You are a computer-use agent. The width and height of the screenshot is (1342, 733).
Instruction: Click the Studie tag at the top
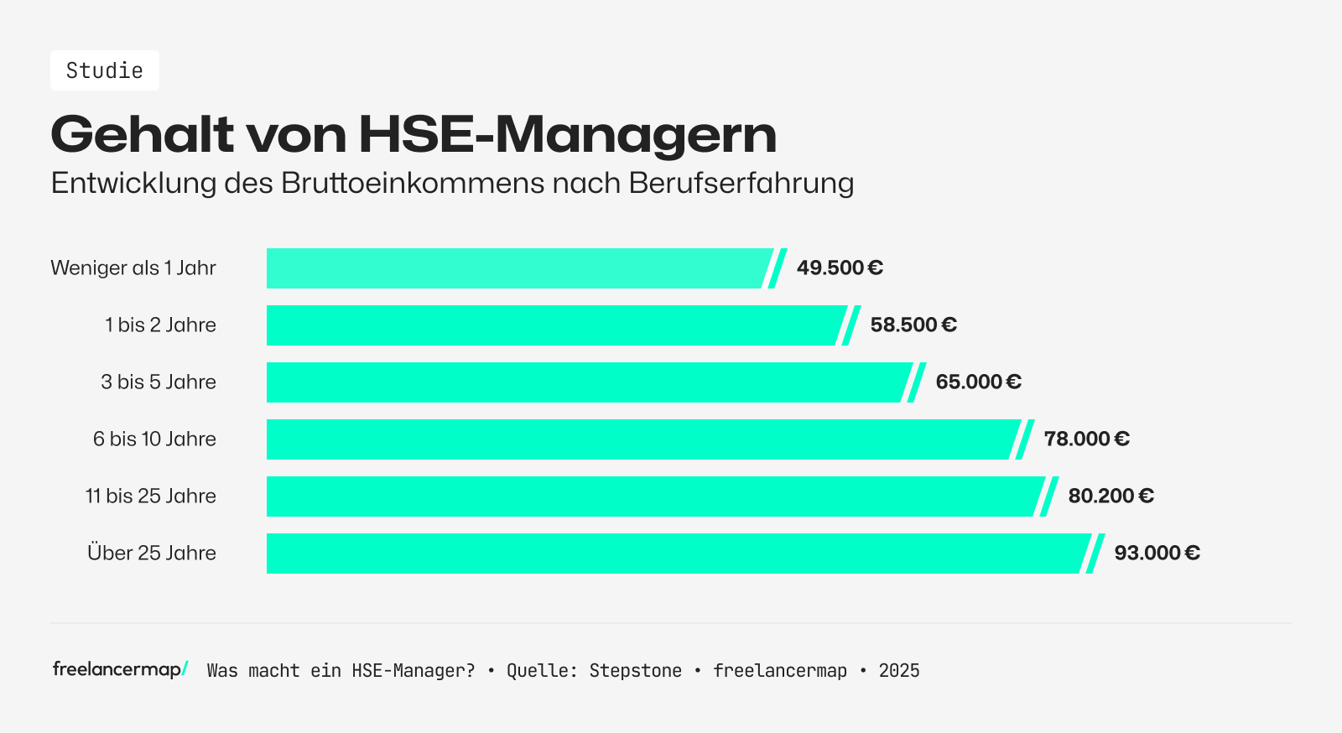(105, 70)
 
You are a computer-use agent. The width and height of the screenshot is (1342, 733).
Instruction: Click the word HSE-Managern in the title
(567, 134)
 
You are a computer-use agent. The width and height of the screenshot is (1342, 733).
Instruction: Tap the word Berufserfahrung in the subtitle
(741, 183)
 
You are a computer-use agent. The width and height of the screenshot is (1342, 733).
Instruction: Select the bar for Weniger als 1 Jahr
(516, 268)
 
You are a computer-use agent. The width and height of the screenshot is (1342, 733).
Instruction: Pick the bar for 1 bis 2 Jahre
(554, 325)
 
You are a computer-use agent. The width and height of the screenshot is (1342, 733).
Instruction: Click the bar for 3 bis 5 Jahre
(587, 382)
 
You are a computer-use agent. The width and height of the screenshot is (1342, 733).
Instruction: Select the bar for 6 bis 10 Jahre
(642, 439)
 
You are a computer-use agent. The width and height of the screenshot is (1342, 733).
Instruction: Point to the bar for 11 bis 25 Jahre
(654, 496)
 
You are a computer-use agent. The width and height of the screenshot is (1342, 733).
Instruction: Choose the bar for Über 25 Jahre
(675, 554)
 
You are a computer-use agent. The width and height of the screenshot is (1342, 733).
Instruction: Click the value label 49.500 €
(840, 268)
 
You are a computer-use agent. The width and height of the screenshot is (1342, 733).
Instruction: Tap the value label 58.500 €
(913, 325)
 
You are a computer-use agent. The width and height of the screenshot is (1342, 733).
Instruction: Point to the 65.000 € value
(978, 382)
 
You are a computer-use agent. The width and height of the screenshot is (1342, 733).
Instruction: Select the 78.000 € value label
(1086, 439)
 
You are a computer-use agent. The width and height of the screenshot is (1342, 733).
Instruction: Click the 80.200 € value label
(1111, 496)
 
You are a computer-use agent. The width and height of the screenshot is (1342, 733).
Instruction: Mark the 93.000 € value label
(1157, 554)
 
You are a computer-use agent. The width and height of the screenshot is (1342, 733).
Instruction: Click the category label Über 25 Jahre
(152, 554)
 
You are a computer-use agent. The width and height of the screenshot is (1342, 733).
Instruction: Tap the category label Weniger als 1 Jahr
(133, 268)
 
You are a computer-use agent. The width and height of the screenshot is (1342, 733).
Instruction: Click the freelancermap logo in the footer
(120, 669)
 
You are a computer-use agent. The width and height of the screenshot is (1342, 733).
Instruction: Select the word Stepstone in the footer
(635, 671)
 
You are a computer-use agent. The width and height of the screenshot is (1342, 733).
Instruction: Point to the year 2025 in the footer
(899, 671)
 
